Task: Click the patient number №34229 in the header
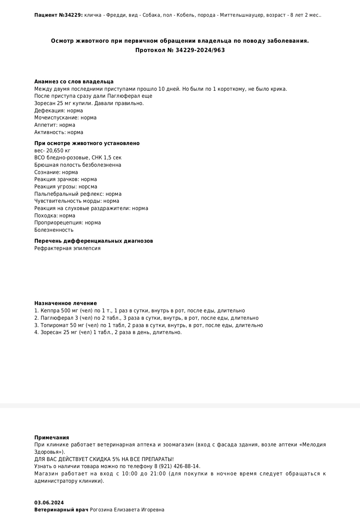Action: [x=71, y=15]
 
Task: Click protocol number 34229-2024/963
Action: [x=200, y=50]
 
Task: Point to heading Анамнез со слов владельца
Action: [x=74, y=82]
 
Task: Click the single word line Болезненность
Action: [x=54, y=230]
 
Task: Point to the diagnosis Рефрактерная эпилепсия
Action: [x=67, y=248]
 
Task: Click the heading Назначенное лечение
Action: [x=65, y=303]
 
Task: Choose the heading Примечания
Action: [x=52, y=438]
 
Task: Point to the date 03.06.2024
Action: [x=49, y=503]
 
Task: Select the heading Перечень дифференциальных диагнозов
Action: [x=94, y=241]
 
